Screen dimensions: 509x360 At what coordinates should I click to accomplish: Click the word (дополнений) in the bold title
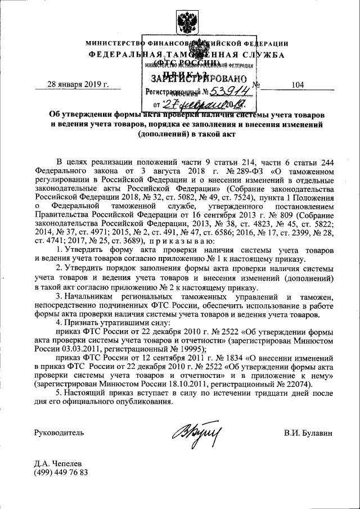(163, 134)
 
